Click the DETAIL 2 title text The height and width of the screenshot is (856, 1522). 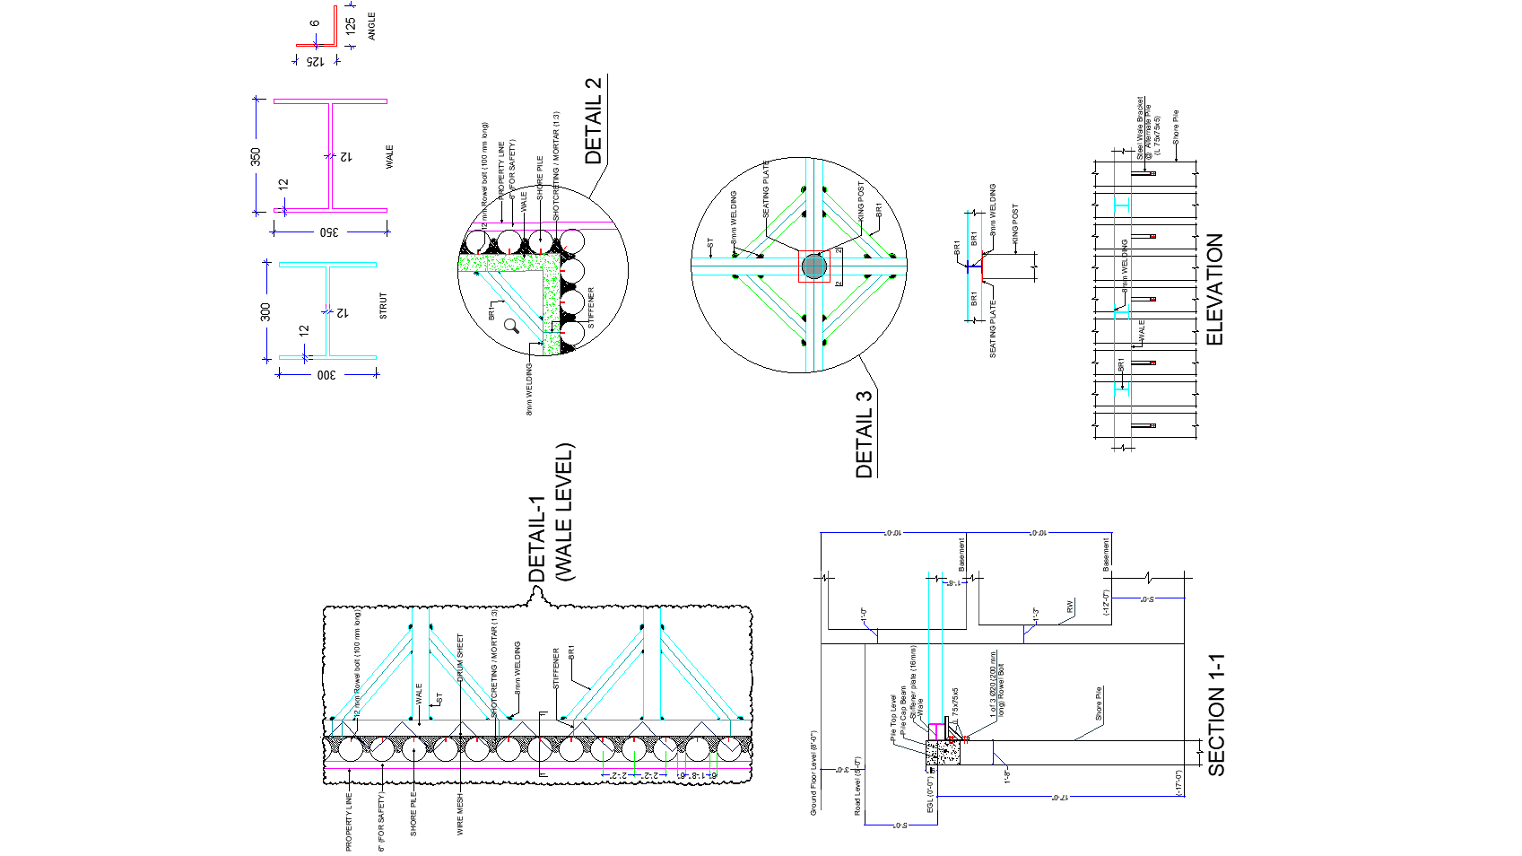point(594,120)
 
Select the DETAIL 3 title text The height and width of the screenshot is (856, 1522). point(864,433)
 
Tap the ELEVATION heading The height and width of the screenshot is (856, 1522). point(1215,289)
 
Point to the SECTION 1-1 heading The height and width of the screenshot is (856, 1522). point(1216,714)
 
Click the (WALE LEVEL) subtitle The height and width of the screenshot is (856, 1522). point(564,512)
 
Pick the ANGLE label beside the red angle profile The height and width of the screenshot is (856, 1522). point(372,26)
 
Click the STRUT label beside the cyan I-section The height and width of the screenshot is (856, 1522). point(384,306)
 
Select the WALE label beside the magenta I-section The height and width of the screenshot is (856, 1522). point(389,156)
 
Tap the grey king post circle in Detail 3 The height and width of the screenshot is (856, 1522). point(813,266)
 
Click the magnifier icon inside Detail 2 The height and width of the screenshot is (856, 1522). point(511,326)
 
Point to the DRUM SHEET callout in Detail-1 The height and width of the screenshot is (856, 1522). point(461,658)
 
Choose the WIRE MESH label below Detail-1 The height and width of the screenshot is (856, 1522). point(461,814)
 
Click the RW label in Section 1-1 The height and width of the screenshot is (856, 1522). point(1070,607)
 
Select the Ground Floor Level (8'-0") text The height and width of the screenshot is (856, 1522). point(814,773)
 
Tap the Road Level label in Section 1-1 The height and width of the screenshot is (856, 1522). point(858,786)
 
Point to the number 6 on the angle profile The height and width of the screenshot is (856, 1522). point(315,24)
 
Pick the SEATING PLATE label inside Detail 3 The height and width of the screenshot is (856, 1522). point(766,189)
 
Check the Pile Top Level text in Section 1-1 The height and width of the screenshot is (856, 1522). point(893,718)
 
